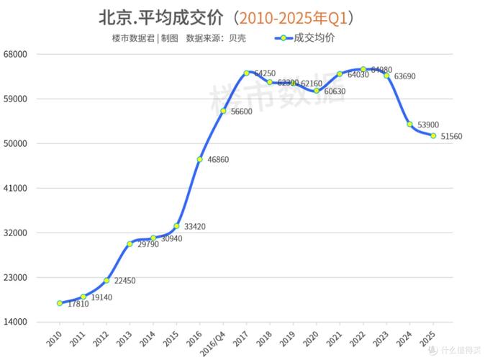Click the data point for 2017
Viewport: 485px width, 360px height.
point(246,73)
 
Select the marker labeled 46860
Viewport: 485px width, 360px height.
point(199,159)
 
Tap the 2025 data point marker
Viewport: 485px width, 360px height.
point(433,135)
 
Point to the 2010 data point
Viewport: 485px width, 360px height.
point(60,303)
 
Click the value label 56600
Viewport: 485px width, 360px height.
point(240,112)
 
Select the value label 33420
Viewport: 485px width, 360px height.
point(195,227)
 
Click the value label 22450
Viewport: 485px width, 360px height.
point(124,282)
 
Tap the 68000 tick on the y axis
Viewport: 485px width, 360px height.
point(24,54)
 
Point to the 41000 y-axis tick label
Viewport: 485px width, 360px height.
point(24,189)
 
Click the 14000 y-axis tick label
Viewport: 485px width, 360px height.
point(24,323)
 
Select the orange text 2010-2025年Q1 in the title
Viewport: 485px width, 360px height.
point(296,16)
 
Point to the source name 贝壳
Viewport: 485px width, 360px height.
point(237,38)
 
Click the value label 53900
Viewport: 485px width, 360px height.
point(429,125)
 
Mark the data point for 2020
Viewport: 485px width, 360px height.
point(317,91)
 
